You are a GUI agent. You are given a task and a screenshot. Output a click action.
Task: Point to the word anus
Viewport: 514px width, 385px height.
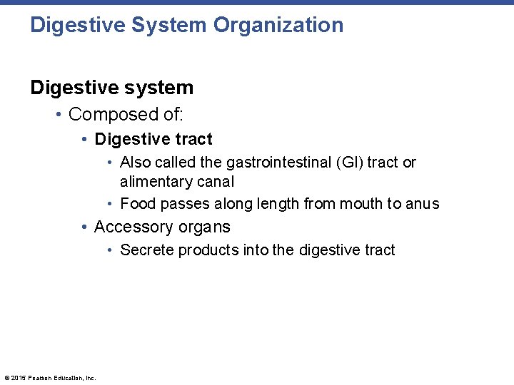423,205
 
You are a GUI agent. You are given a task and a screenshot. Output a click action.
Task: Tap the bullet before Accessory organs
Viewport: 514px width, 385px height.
85,227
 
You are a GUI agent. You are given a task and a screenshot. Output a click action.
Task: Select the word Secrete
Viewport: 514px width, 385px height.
147,250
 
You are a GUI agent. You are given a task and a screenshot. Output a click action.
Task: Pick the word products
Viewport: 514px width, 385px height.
208,250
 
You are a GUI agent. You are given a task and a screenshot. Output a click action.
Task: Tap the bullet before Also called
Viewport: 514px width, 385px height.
111,163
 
